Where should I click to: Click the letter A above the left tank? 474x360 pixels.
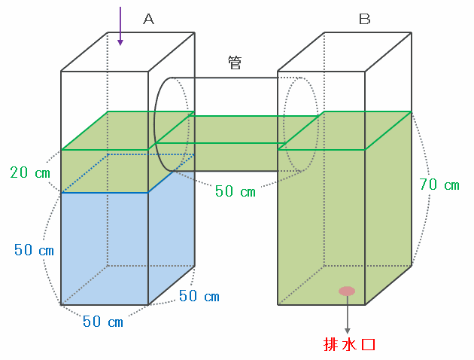(148, 20)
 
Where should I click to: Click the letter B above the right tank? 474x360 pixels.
(364, 20)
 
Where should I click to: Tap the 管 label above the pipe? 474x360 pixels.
(235, 63)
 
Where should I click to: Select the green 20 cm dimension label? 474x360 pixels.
(31, 172)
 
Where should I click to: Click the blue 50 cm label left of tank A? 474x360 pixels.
(34, 250)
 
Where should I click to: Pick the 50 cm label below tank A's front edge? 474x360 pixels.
(103, 322)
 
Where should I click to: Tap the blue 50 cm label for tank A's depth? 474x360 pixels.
(199, 296)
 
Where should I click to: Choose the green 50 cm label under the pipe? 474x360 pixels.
(235, 191)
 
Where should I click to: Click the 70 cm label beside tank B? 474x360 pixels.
(439, 185)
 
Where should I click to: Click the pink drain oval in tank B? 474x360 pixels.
(347, 291)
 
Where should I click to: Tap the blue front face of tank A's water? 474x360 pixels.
(104, 249)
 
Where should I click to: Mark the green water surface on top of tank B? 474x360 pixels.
(345, 130)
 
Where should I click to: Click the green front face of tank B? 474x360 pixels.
(321, 226)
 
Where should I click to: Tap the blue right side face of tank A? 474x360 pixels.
(172, 233)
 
